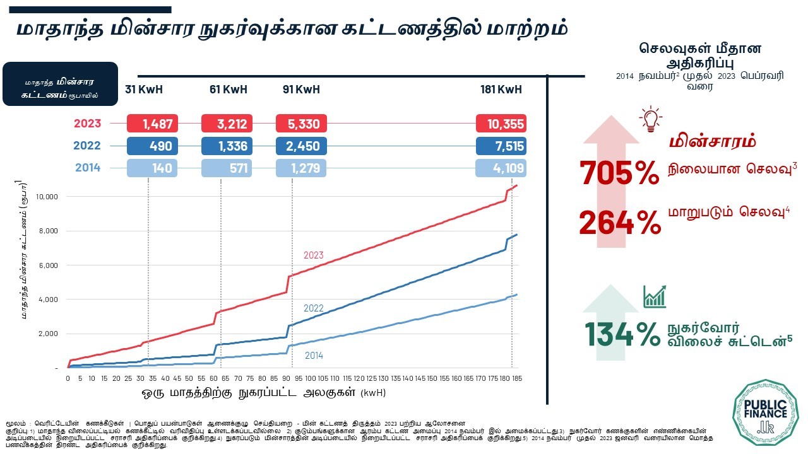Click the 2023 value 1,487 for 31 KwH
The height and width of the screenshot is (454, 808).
(x=153, y=124)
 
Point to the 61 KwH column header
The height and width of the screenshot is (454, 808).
(x=228, y=90)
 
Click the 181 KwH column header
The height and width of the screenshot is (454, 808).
(x=501, y=90)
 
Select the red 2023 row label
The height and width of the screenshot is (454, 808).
(x=87, y=124)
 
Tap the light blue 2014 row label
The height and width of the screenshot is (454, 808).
(x=87, y=168)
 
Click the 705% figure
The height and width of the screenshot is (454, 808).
(x=619, y=173)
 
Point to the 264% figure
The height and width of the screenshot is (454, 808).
(x=619, y=223)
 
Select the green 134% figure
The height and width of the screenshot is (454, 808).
(x=622, y=335)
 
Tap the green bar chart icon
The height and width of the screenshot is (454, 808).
(x=655, y=296)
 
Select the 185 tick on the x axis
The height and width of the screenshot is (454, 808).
(x=518, y=378)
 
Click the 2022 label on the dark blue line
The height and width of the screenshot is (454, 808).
(x=314, y=308)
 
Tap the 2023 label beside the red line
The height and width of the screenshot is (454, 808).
(x=314, y=255)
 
